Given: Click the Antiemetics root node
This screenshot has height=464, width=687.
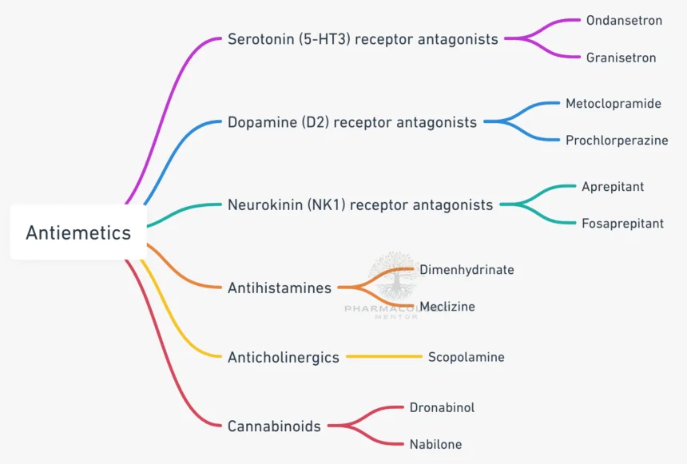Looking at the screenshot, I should [78, 232].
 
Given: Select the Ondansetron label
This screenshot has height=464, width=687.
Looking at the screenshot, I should [624, 20].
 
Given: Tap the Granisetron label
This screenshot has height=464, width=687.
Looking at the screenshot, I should [621, 58].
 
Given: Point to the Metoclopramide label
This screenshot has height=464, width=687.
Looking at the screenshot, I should [614, 104].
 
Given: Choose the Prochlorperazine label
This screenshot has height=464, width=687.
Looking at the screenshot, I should [617, 141].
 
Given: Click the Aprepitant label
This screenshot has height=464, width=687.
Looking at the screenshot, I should [613, 187].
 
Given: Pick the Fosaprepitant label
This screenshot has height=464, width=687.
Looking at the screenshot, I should [622, 224].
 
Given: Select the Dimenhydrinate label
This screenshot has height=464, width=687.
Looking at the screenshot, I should [467, 270].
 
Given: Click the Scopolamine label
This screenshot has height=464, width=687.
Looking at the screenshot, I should [466, 357].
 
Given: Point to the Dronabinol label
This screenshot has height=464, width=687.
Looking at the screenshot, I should [442, 407].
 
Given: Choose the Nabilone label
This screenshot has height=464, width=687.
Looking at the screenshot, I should [435, 444].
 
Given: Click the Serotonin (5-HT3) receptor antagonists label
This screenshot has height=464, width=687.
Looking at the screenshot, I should [363, 38].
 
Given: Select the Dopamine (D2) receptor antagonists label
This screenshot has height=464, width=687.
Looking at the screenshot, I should [352, 122].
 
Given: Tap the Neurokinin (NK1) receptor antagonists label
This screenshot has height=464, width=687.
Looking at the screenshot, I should [360, 205].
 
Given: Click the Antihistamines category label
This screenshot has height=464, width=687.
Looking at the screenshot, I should [280, 288].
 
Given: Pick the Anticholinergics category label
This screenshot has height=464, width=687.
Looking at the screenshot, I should [284, 357].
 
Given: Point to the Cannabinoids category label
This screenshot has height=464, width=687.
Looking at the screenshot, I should [274, 426].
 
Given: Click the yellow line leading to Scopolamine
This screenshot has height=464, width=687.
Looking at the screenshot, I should [383, 357].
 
